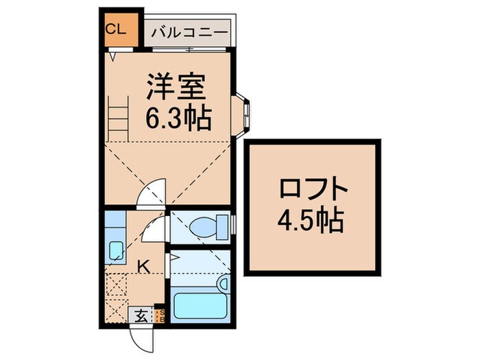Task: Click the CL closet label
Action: coord(115,29)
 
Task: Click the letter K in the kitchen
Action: coord(145,265)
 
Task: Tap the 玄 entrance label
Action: coord(139,316)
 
